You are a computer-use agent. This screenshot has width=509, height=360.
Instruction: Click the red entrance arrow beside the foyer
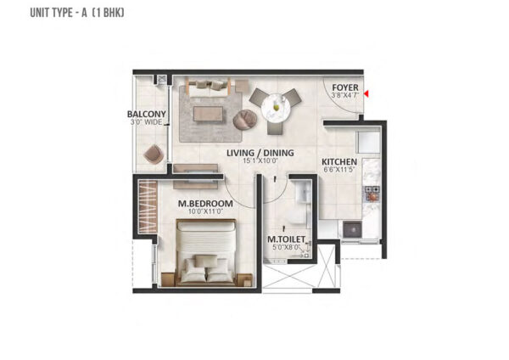(366, 94)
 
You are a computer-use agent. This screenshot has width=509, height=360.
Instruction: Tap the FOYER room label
(345, 87)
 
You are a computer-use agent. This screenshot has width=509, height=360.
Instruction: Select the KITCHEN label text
(339, 161)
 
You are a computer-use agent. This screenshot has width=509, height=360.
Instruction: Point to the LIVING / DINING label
(260, 153)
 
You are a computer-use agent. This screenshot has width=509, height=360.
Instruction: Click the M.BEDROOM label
(205, 204)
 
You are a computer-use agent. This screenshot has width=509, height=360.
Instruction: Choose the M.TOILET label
(287, 239)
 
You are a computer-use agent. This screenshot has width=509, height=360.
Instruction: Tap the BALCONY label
(147, 114)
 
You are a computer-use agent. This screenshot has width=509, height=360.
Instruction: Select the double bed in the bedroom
(206, 252)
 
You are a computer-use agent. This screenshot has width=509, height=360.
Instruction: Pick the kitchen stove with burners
(372, 194)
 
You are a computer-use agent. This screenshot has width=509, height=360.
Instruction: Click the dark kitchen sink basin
(353, 229)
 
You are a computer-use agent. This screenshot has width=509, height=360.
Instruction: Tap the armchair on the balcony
(154, 154)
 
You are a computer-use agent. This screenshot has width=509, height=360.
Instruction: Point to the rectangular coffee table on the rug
(209, 115)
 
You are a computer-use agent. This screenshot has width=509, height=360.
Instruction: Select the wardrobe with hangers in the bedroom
(148, 206)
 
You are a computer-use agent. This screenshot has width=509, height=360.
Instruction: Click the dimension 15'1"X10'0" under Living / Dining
(260, 160)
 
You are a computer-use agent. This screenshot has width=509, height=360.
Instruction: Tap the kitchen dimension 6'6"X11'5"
(338, 169)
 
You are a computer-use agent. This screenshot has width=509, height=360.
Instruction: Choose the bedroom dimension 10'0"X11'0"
(205, 211)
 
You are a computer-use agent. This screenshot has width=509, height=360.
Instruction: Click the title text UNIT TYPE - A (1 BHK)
(77, 13)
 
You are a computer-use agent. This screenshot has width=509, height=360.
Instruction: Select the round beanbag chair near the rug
(245, 120)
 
